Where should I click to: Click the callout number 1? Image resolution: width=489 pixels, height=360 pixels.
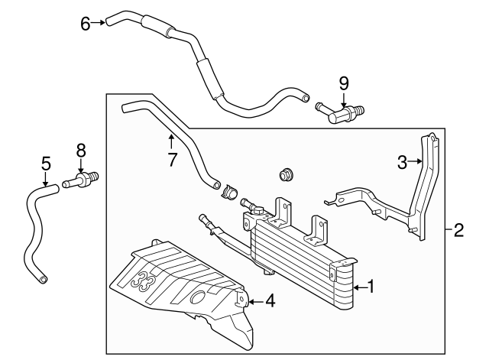pyautogui.click(x=371, y=287)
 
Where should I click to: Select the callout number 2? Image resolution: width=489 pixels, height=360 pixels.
pyautogui.click(x=458, y=229)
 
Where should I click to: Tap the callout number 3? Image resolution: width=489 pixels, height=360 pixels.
pyautogui.click(x=402, y=161)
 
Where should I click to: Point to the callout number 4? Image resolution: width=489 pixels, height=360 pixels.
pyautogui.click(x=270, y=301)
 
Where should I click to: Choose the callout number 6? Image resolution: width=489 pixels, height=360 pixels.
pyautogui.click(x=85, y=23)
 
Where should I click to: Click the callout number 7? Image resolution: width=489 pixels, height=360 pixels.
pyautogui.click(x=171, y=160)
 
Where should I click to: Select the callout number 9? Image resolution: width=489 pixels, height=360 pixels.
pyautogui.click(x=343, y=82)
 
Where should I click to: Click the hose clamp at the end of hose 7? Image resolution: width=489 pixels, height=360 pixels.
pyautogui.click(x=227, y=190)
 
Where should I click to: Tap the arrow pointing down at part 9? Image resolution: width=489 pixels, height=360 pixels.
pyautogui.click(x=343, y=98)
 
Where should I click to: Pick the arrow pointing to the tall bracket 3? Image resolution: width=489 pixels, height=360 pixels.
pyautogui.click(x=416, y=161)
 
